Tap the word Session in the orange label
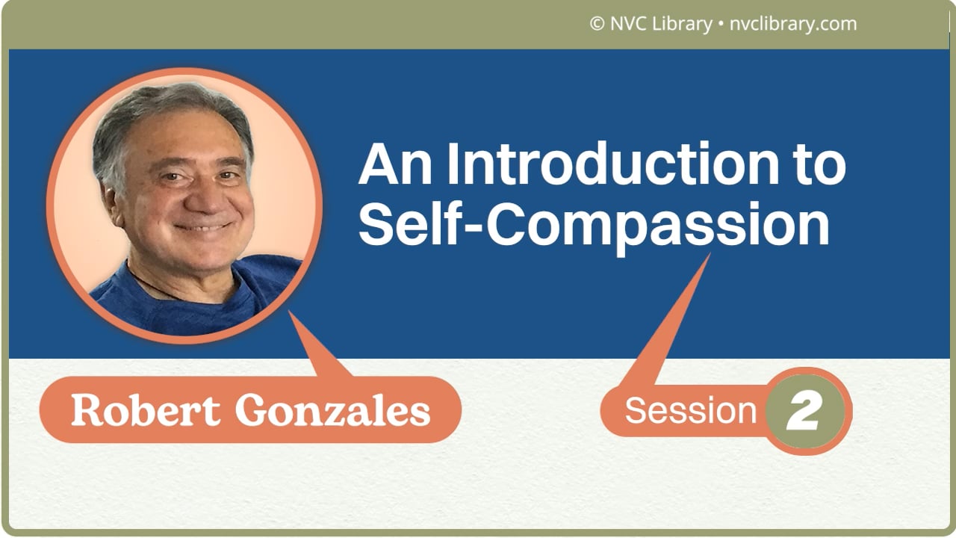[691, 410]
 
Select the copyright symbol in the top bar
[597, 24]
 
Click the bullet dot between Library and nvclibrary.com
[720, 24]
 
